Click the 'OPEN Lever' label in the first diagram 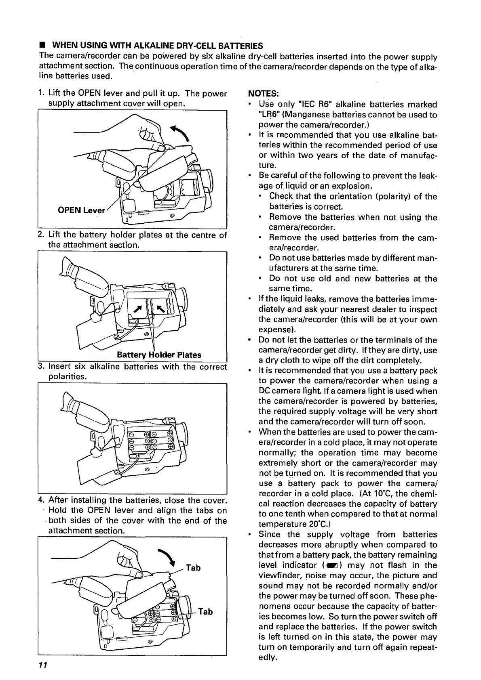82,211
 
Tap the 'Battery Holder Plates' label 159,355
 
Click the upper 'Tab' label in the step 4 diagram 193,568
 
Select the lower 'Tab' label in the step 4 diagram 205,611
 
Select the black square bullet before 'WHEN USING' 41,46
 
